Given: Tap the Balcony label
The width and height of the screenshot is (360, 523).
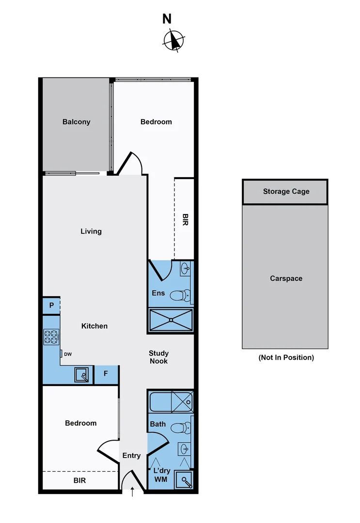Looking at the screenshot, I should click(76, 122).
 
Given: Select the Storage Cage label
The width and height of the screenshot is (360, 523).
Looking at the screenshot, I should click(286, 191).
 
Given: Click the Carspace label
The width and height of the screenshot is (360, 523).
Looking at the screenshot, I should click(286, 278).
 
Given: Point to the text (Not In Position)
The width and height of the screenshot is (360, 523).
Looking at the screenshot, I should click(286, 357).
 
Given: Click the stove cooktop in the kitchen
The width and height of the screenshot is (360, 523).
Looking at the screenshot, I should click(51, 337).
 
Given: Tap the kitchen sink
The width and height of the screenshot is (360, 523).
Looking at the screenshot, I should click(82, 375).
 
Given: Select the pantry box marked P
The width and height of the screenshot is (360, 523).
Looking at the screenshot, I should click(51, 306).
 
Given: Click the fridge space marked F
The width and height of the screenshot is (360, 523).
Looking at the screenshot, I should click(106, 374).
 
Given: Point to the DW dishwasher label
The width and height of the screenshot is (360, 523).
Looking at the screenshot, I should click(68, 354).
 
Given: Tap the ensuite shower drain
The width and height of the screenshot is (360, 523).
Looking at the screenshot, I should click(171, 320).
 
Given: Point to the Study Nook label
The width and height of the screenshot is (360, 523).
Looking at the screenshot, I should click(158, 357).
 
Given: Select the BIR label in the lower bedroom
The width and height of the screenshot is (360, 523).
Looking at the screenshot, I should click(80, 481).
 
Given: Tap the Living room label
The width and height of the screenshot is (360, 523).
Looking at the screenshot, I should click(91, 231).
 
